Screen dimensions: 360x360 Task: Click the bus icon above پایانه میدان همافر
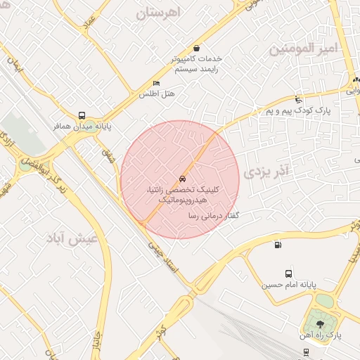click(x=82, y=116)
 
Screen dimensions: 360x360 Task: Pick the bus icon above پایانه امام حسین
click(x=288, y=274)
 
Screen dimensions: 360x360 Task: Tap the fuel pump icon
click(x=278, y=245)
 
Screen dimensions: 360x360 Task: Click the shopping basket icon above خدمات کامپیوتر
click(x=195, y=49)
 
